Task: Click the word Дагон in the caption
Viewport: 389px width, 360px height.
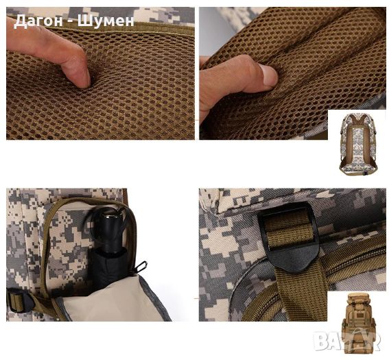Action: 38,21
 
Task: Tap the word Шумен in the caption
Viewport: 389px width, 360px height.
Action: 106,20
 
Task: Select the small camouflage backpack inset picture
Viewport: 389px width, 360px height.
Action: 359,144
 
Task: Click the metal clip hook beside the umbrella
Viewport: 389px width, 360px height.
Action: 141,267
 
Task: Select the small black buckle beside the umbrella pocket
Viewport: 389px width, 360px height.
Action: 19,300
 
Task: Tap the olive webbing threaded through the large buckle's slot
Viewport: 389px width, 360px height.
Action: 289,230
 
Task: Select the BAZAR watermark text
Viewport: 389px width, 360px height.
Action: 347,341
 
